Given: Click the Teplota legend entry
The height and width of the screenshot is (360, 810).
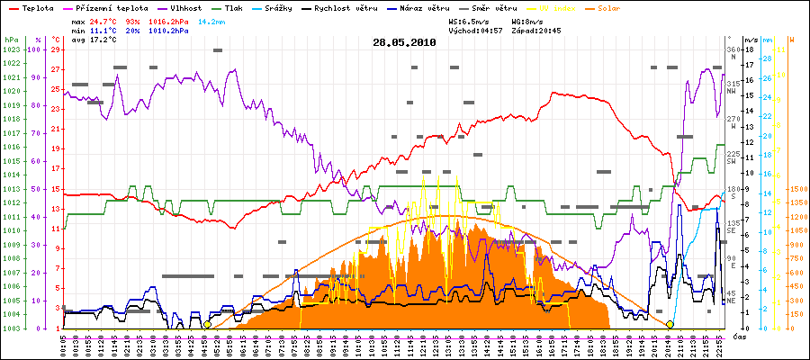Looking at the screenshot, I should click(35, 7).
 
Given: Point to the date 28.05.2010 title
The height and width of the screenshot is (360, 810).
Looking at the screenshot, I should click(404, 41).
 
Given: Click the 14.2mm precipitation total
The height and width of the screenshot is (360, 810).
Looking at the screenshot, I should click(211, 20).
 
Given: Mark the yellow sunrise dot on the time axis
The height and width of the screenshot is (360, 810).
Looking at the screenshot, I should click(208, 324).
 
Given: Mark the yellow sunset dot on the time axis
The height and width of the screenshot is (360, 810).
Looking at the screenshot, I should click(670, 324).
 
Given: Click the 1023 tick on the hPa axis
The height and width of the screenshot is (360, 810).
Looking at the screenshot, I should click(11, 49).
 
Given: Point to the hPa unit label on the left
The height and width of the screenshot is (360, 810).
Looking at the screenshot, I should click(11, 40).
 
